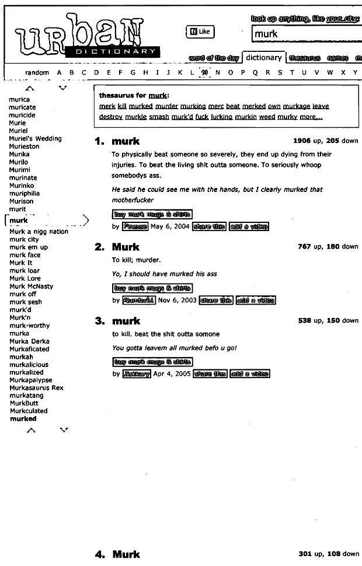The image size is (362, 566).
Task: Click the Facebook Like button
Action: (200, 32)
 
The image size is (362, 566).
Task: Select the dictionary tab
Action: (263, 58)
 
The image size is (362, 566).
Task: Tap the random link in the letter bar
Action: (37, 73)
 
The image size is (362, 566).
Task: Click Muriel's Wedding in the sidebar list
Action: (35, 139)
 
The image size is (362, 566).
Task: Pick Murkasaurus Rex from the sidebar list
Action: (36, 387)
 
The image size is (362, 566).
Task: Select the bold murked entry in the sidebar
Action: (23, 419)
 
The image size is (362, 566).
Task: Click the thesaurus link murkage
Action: (296, 106)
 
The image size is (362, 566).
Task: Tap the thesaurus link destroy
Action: (111, 117)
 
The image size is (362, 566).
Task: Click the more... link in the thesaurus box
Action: (311, 117)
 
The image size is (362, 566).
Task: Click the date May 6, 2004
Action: (170, 226)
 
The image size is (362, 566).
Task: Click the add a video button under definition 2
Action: (256, 301)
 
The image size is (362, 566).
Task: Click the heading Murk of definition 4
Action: (126, 554)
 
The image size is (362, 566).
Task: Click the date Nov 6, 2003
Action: (177, 301)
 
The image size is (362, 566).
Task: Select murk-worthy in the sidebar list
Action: (30, 326)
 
